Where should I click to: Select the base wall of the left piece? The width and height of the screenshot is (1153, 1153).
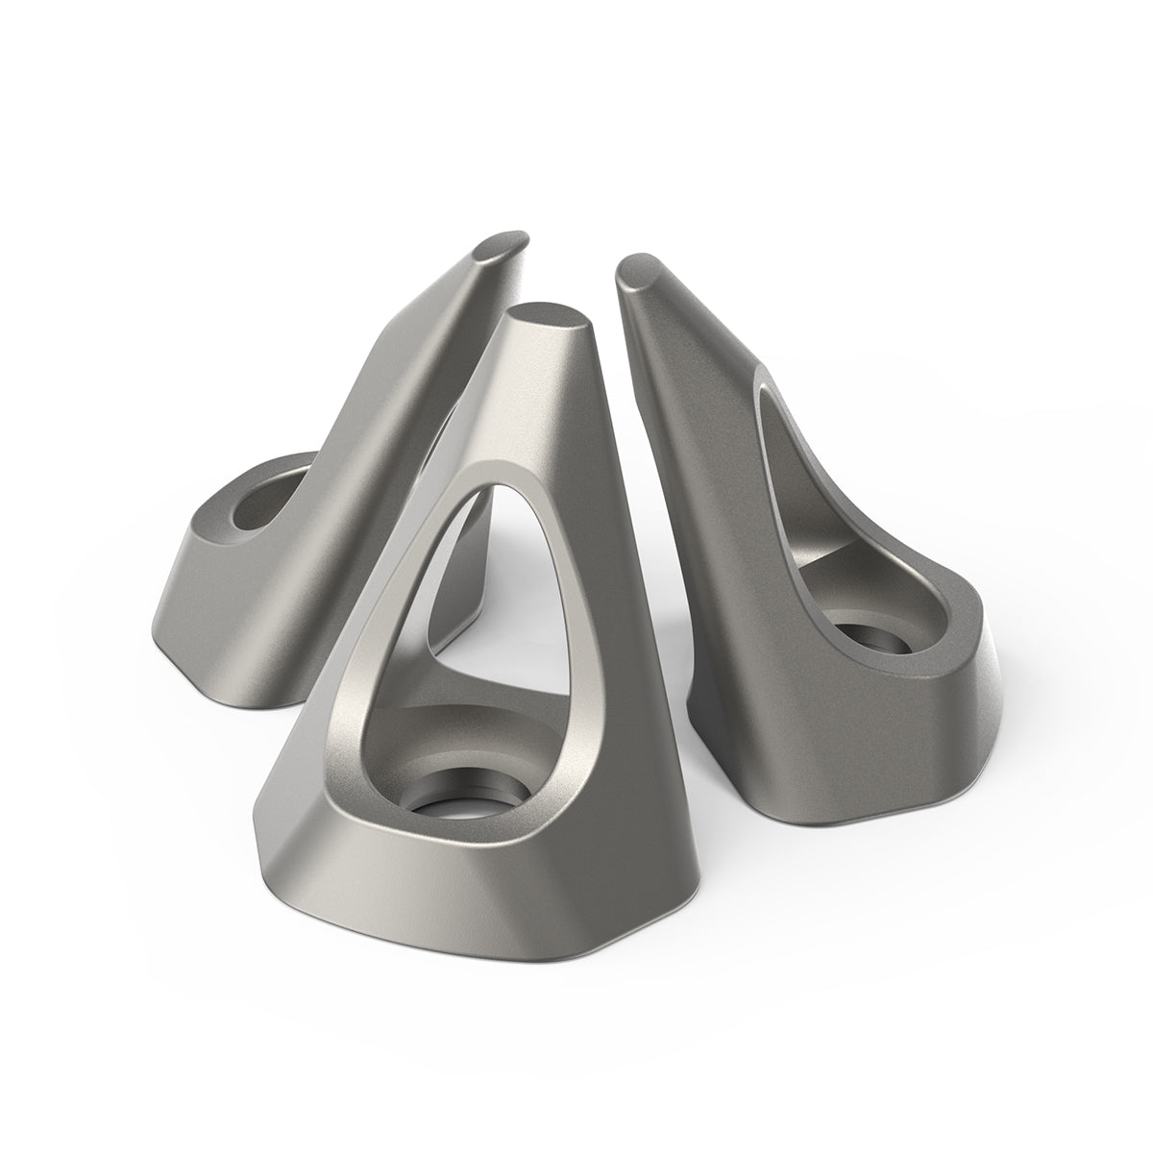[221, 615]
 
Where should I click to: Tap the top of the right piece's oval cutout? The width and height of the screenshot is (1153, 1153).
[769, 384]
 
